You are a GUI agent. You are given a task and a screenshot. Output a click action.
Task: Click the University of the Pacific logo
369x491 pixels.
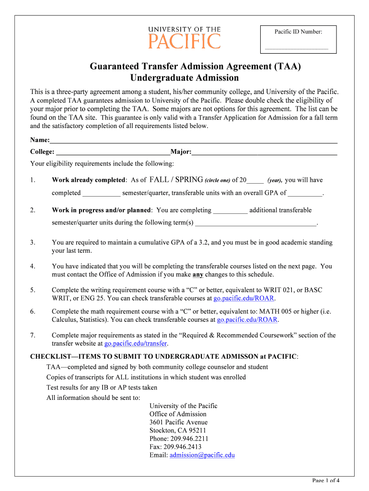(x=184, y=37)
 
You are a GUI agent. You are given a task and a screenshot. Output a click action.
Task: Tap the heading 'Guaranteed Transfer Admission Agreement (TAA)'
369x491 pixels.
(x=196, y=67)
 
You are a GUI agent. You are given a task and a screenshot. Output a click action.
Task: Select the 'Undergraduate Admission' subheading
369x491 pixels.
(x=184, y=78)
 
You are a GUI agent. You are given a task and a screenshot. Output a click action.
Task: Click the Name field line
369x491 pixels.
(x=194, y=140)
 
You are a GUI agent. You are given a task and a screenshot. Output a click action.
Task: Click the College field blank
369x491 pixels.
(x=113, y=152)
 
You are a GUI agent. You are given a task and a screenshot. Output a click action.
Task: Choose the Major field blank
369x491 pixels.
(x=264, y=152)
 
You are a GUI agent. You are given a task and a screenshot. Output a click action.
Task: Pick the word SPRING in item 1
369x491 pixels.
(x=189, y=180)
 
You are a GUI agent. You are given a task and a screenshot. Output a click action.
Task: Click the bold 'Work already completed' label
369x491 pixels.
(x=88, y=180)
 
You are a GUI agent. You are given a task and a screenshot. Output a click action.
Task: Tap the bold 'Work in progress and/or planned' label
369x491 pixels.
(x=102, y=210)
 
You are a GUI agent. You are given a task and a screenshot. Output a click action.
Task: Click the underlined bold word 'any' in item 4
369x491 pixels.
(x=197, y=275)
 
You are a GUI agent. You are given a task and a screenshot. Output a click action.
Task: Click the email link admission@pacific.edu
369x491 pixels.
(x=202, y=455)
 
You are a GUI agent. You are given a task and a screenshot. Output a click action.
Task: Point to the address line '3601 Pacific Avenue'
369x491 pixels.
(x=178, y=422)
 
